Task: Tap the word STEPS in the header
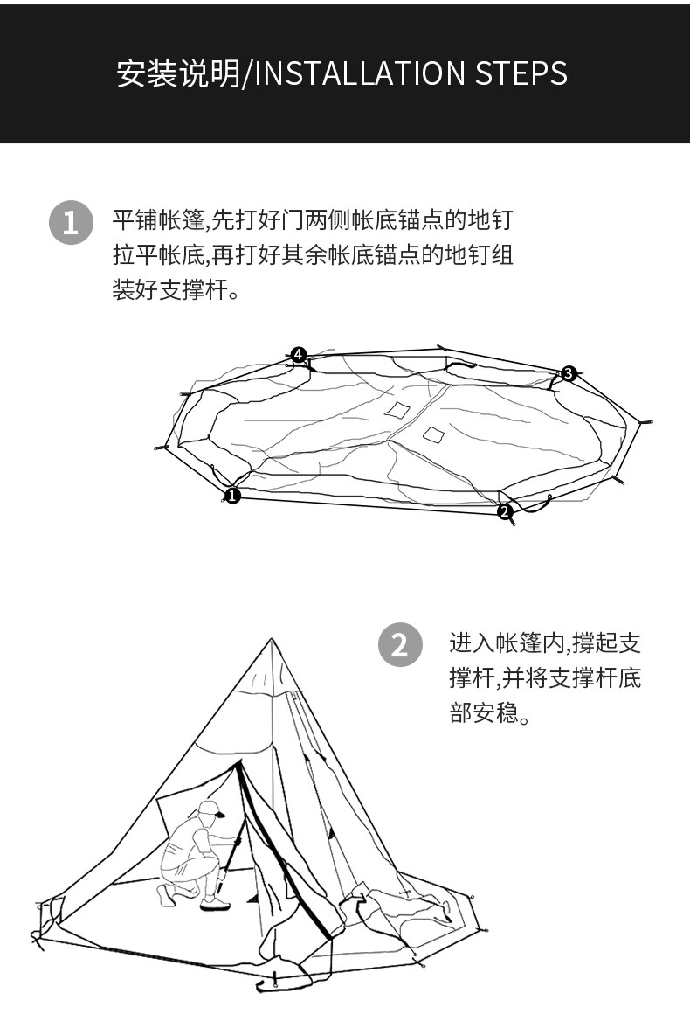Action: click(521, 74)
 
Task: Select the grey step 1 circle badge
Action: click(70, 223)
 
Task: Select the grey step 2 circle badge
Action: click(399, 646)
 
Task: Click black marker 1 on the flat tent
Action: click(232, 496)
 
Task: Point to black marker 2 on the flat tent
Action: click(505, 512)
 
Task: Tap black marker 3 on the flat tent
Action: click(569, 374)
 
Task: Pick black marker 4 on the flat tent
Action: click(299, 354)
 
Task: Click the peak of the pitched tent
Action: click(273, 641)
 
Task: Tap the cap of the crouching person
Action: click(210, 809)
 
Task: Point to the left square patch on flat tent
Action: click(398, 410)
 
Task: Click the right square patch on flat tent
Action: click(433, 434)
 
